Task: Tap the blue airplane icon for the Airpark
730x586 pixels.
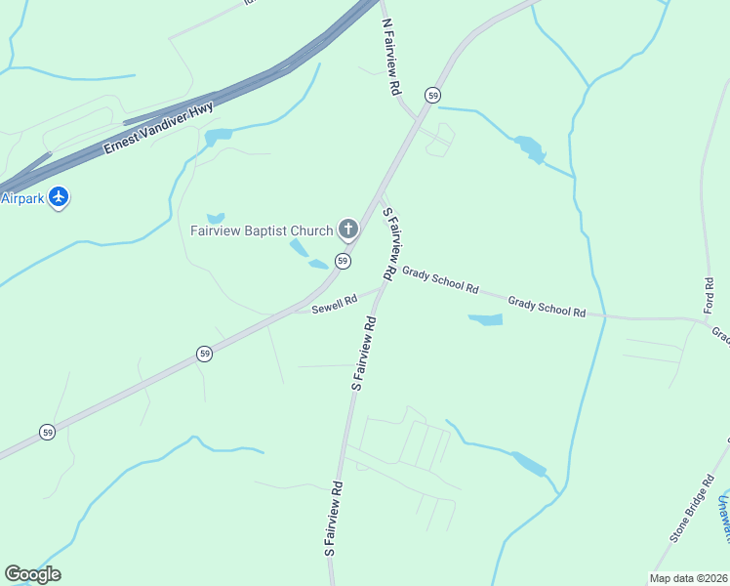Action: click(60, 197)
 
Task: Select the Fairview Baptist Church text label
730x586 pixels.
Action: click(261, 231)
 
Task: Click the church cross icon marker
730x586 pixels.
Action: click(348, 230)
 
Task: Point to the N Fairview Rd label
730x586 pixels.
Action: click(391, 56)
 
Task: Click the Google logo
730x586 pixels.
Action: click(32, 574)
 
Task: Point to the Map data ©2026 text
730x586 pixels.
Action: click(687, 577)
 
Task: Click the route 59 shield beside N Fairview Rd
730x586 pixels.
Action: click(432, 95)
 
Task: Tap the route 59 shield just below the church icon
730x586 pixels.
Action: click(343, 261)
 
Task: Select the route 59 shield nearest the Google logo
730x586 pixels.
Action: click(47, 431)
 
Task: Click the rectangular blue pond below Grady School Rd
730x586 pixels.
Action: click(485, 319)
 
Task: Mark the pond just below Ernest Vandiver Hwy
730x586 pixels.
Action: click(218, 137)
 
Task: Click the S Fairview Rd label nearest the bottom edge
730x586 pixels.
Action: click(334, 520)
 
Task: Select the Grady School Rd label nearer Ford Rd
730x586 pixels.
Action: click(547, 308)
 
